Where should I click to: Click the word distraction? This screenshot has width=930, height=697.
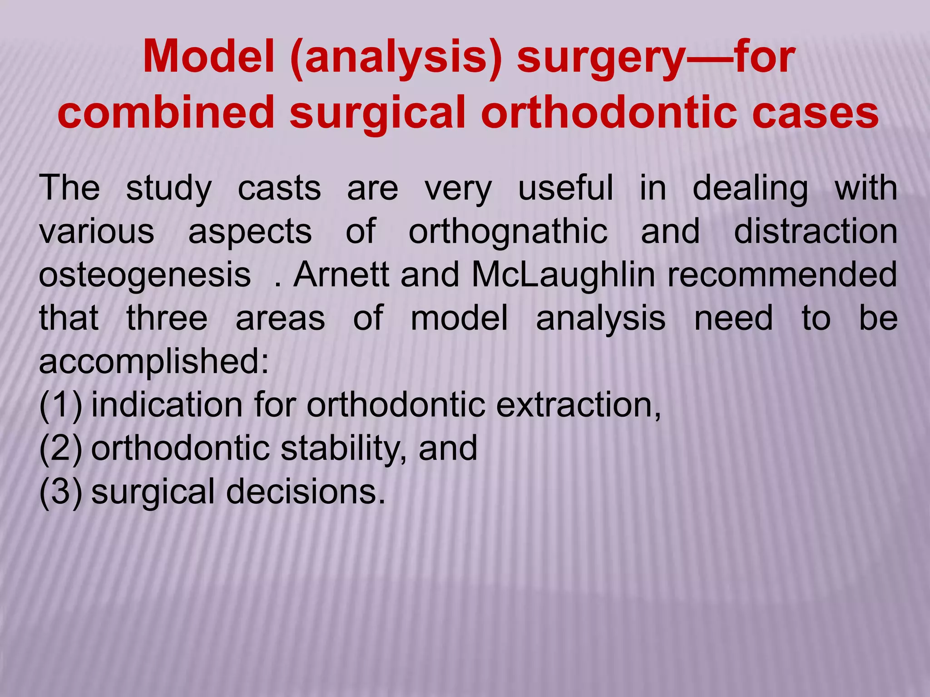coord(816,232)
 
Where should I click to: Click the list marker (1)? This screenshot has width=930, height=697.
coord(60,406)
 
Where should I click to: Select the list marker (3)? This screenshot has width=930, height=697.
coord(60,492)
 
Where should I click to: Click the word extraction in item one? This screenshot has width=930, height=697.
coord(577,405)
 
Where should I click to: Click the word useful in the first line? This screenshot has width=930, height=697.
coord(565,188)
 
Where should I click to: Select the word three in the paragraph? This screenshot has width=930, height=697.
coord(167,319)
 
